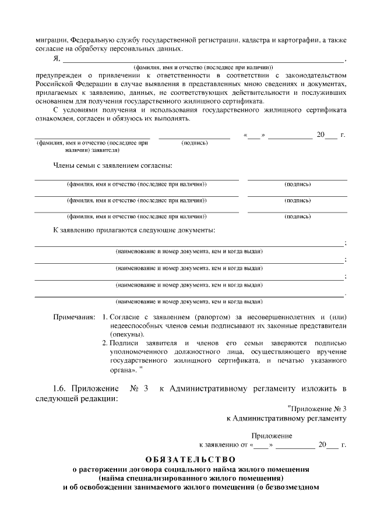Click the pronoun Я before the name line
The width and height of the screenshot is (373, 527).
(55, 58)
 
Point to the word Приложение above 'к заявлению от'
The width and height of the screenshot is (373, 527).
(272, 436)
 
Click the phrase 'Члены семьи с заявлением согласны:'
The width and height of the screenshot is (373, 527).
(112, 165)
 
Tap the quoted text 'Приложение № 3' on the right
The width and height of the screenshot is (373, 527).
(318, 408)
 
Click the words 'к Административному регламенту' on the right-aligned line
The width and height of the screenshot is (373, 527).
(287, 418)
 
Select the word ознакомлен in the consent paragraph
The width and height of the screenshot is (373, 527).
(56, 119)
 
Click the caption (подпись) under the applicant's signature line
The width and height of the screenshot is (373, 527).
(195, 143)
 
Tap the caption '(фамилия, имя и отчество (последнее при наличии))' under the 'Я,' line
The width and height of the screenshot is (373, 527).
(203, 67)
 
